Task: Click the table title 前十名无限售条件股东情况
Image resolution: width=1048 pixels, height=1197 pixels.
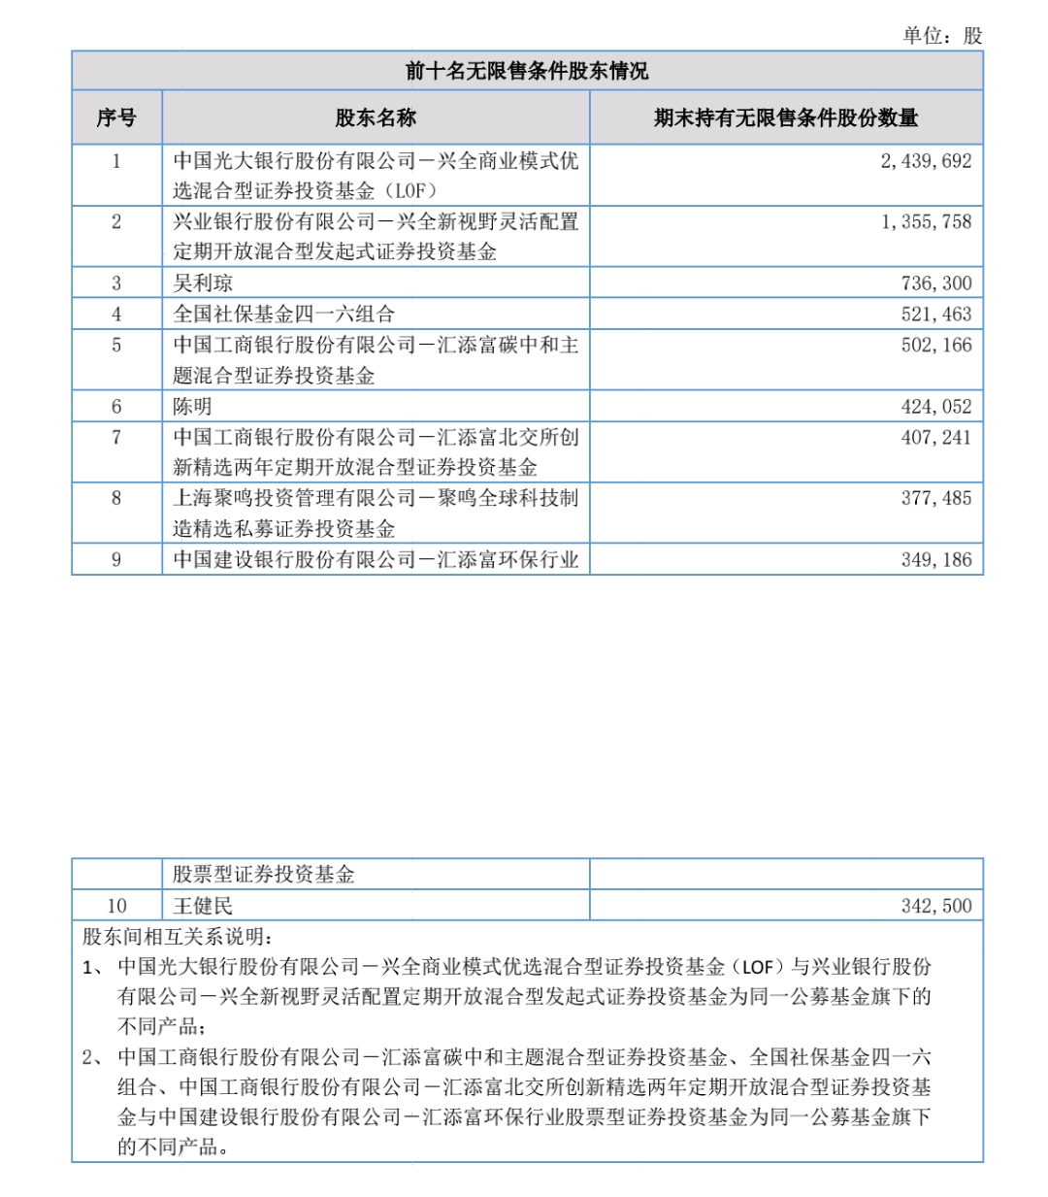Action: pyautogui.click(x=527, y=71)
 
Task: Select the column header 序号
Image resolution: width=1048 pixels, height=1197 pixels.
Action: pyautogui.click(x=116, y=118)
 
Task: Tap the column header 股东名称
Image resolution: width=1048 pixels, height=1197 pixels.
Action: pyautogui.click(x=376, y=118)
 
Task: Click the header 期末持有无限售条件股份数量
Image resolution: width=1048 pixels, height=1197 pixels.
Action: pyautogui.click(x=786, y=118)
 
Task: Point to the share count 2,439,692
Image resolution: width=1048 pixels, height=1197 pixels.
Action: pyautogui.click(x=926, y=161)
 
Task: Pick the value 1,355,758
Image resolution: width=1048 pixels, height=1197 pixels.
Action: pyautogui.click(x=926, y=222)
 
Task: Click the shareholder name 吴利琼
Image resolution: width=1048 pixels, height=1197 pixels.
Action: pyautogui.click(x=203, y=283)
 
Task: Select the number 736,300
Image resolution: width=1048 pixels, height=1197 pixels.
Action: pyautogui.click(x=935, y=283)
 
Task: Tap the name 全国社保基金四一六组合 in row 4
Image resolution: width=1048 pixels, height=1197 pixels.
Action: pyautogui.click(x=284, y=315)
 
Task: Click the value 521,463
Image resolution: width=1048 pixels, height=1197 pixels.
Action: pyautogui.click(x=935, y=315)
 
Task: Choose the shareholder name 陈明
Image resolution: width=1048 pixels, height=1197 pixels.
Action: pyautogui.click(x=192, y=407)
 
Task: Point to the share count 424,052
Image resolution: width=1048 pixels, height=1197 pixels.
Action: pyautogui.click(x=935, y=407)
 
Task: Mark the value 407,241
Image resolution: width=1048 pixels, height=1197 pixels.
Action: pyautogui.click(x=935, y=438)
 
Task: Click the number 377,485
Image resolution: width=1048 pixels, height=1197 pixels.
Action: pyautogui.click(x=935, y=499)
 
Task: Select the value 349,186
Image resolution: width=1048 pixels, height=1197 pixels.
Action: pyautogui.click(x=935, y=560)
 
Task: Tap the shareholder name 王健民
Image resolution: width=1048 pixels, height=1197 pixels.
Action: pyautogui.click(x=203, y=907)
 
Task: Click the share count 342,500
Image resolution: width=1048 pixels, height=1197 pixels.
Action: pyautogui.click(x=935, y=907)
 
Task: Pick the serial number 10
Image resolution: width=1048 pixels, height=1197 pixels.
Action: pyautogui.click(x=116, y=907)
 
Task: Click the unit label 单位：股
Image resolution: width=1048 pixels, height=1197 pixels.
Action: pyautogui.click(x=942, y=36)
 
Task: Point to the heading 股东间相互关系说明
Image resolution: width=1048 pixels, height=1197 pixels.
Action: pyautogui.click(x=178, y=937)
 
